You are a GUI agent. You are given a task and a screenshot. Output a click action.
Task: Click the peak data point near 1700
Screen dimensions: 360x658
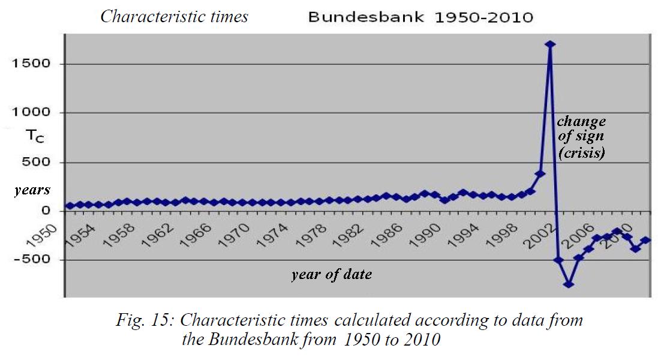click(550, 44)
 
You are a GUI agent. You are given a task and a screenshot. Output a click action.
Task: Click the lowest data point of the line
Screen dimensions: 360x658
click(569, 284)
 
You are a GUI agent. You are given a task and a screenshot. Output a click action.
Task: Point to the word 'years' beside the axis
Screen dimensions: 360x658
click(32, 190)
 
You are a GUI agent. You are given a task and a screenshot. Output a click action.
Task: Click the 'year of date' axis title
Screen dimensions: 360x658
click(332, 275)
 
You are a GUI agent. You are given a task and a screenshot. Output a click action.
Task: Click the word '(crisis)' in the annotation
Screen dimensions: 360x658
click(581, 153)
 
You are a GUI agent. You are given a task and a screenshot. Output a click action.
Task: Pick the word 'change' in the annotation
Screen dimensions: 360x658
click(581, 121)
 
